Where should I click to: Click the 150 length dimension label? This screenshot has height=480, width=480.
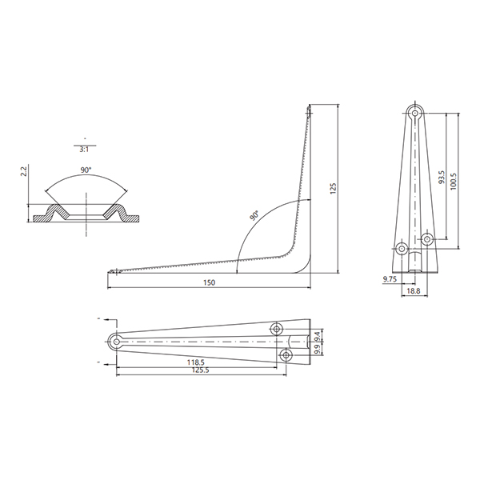[210, 282]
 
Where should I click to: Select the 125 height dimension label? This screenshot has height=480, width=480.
[333, 189]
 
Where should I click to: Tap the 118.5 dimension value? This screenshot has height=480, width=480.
[196, 362]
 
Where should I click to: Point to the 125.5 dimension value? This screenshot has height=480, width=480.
[200, 370]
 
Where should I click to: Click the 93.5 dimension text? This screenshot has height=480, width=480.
[442, 178]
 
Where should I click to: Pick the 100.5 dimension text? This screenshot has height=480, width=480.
[454, 182]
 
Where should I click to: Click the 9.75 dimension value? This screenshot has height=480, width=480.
[390, 279]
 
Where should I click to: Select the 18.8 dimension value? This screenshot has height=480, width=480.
[414, 291]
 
